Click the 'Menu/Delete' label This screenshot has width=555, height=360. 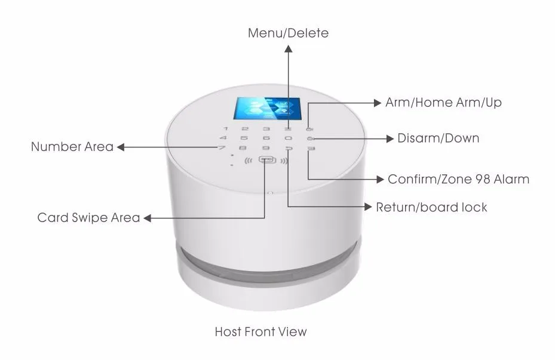click(288, 33)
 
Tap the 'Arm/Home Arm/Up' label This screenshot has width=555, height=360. click(443, 103)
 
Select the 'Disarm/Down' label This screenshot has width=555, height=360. click(438, 139)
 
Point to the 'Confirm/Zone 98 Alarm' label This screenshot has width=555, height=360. click(458, 179)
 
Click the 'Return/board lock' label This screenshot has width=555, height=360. click(431, 208)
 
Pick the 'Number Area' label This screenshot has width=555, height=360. click(72, 147)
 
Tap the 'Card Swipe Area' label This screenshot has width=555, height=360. click(88, 218)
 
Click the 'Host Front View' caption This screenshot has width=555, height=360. click(260, 331)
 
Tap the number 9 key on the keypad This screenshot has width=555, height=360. click(266, 147)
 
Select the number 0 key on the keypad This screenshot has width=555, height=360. click(288, 138)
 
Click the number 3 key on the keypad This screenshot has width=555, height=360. click(266, 128)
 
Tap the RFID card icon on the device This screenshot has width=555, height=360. click(266, 161)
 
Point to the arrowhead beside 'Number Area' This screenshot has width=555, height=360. click(120, 147)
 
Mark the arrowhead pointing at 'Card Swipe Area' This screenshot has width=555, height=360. click(148, 219)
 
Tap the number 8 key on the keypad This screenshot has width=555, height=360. click(242, 147)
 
